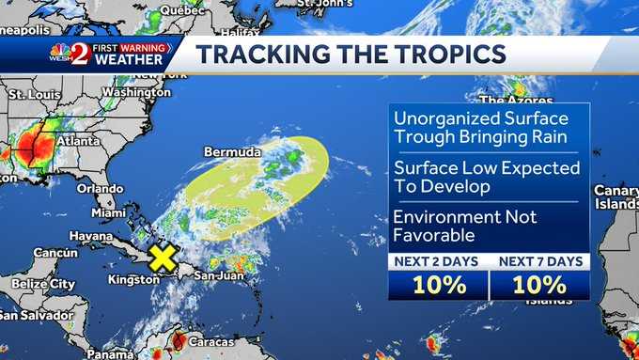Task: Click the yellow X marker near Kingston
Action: click(x=163, y=258)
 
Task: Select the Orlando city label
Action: click(x=100, y=188)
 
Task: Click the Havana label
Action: click(x=90, y=235)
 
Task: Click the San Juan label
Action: click(x=220, y=275)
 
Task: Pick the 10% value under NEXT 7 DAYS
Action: click(x=540, y=285)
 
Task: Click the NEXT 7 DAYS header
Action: click(x=540, y=261)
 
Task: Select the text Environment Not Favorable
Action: click(x=465, y=227)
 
